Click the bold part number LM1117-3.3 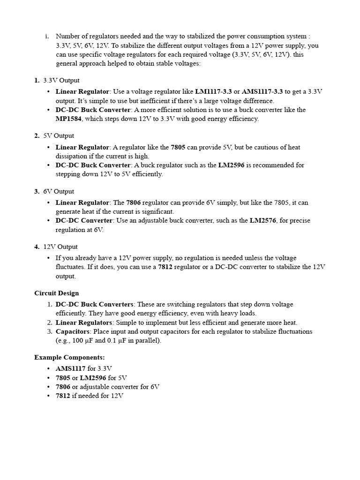(x=213, y=92)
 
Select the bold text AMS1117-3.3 (x=262, y=92)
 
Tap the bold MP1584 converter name (x=68, y=119)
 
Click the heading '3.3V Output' (x=61, y=81)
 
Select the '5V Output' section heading (x=59, y=136)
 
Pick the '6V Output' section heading (x=59, y=192)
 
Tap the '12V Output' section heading (x=60, y=247)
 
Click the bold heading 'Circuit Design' (x=57, y=293)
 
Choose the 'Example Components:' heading (x=69, y=358)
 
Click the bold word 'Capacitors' (x=73, y=332)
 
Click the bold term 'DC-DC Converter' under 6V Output (x=84, y=221)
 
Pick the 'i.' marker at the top (x=47, y=37)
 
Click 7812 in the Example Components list (x=63, y=396)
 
